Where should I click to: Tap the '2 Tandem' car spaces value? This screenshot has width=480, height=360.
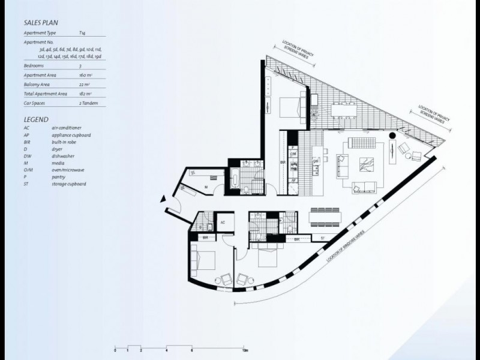click(x=88, y=103)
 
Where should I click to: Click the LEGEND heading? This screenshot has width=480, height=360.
click(x=37, y=119)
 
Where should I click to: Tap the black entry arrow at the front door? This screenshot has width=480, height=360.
click(x=163, y=200)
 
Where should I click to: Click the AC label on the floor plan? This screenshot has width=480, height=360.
click(x=223, y=221)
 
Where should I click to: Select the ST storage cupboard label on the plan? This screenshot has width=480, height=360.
click(x=323, y=238)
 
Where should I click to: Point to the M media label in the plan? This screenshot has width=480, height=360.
click(x=206, y=187)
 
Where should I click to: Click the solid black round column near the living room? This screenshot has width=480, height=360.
click(x=392, y=136)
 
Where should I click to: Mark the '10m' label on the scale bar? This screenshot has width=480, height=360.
click(x=245, y=349)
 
